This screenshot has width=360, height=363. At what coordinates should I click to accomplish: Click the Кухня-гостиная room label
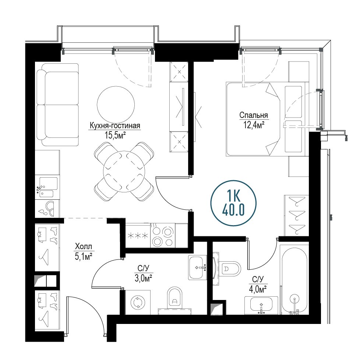point(115,126)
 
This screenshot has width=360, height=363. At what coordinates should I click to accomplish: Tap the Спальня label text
point(254,115)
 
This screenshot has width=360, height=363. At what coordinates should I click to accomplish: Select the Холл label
point(84,246)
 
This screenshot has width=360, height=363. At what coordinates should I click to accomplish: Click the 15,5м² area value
point(115,135)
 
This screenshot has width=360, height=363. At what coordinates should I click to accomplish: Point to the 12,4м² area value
point(254,125)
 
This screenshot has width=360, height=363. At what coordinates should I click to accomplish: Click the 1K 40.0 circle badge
point(233,203)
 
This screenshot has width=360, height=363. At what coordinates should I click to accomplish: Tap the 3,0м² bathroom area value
point(143,278)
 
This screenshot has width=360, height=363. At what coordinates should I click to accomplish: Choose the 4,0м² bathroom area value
point(258,289)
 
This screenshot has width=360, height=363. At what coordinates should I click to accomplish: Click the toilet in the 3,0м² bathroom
point(174,298)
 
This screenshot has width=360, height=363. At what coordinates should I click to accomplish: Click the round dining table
point(124,171)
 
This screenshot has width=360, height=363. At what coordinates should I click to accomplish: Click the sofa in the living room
point(57,105)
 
